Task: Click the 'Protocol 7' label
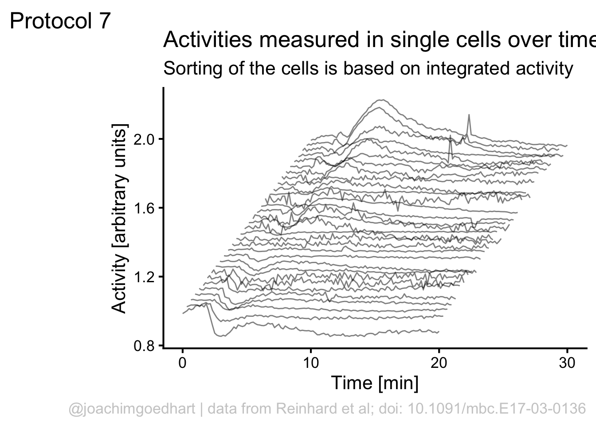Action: point(60,21)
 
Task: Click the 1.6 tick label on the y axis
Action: point(143,208)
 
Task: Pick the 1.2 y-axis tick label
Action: point(143,277)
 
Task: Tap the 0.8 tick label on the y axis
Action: point(143,346)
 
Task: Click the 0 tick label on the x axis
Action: point(182,363)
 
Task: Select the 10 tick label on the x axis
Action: point(310,363)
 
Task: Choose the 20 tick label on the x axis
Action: point(439,363)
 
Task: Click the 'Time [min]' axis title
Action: point(375,383)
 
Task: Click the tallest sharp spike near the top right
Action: point(469,115)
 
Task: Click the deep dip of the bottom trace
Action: point(220,336)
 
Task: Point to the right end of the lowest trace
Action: point(439,332)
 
